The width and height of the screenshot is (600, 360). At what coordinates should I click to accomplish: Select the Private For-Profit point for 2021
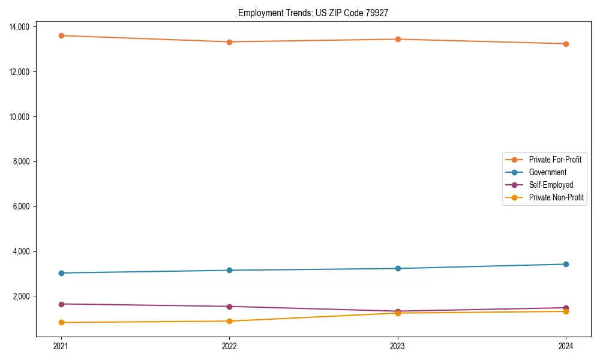pos(61,35)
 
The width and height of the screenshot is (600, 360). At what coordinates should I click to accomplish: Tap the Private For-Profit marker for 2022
pos(229,42)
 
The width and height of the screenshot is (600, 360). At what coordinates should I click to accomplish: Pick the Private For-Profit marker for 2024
pos(566,44)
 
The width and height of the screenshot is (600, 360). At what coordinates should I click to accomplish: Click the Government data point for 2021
pos(61,273)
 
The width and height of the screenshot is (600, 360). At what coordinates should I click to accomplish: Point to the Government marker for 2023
pos(398,268)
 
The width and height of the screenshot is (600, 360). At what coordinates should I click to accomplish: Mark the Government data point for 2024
pos(566,264)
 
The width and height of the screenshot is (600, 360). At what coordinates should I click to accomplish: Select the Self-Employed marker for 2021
pos(61,304)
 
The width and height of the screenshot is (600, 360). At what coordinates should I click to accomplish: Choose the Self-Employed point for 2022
pos(229,307)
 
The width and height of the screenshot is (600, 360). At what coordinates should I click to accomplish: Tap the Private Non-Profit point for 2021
pos(61,322)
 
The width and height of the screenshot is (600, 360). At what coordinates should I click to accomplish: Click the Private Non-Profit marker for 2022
pos(229,321)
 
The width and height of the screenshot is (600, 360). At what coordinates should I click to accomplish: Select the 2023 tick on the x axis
pos(398,346)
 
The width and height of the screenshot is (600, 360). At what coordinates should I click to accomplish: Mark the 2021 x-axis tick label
pos(61,346)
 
